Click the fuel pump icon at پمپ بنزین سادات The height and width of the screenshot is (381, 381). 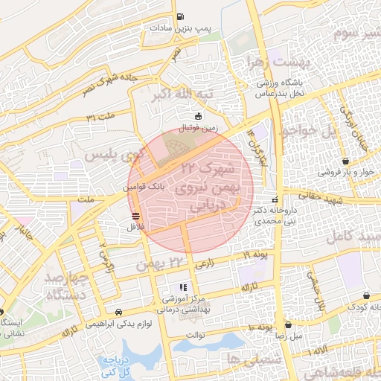point(179,17)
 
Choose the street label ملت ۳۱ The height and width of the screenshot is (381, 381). point(102,117)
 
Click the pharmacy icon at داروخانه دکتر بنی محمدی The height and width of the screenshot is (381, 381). point(275,199)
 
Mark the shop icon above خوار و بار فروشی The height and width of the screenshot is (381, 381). point(346,161)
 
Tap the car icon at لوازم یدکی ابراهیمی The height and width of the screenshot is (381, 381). point(119,313)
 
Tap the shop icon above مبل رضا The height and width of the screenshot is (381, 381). point(288,324)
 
